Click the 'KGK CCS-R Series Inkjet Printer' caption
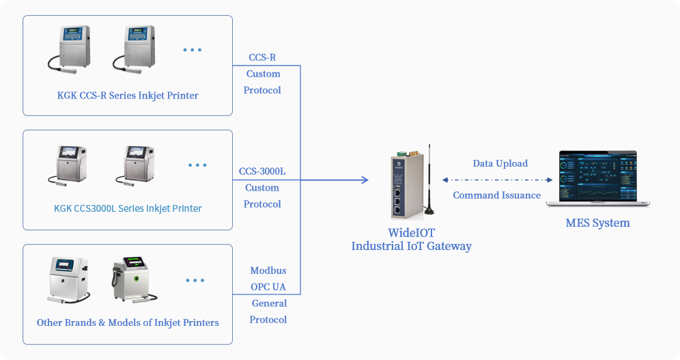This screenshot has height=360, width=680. coord(128,96)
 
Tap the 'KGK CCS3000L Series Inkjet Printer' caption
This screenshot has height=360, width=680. coord(128,208)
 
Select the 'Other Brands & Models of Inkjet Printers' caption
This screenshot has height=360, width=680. coord(128,322)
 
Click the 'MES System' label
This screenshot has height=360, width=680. coord(597,223)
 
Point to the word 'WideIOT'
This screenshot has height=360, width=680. coord(411,233)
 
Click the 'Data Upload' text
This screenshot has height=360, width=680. coord(500,163)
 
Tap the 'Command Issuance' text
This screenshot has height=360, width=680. coord(496,195)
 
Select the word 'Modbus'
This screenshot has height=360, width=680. coord(268,271)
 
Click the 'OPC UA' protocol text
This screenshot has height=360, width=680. coord(268,287)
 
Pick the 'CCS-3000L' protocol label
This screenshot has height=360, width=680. coord(262,171)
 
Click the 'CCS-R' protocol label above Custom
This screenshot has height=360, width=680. coord(262,57)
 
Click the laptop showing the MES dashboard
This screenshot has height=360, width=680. coord(597,178)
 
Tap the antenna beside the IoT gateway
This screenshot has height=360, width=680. coord(429,180)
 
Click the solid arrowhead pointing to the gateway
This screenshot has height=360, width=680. coord(365,180)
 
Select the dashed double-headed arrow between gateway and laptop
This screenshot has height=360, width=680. coord(497,180)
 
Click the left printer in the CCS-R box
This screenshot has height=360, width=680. coord(70,49)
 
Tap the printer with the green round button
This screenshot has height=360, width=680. coord(134,280)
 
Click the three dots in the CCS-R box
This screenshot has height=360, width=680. coord(192,50)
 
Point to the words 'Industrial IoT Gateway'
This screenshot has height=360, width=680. coord(411,247)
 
